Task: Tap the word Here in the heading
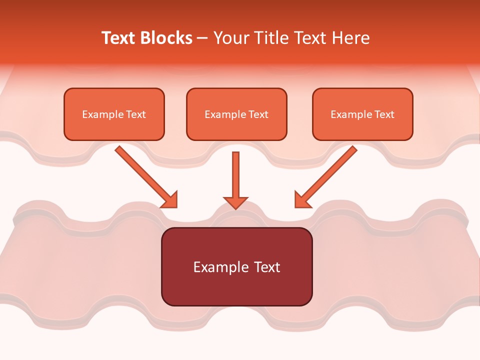pyautogui.click(x=350, y=38)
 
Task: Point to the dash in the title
pyautogui.click(x=203, y=38)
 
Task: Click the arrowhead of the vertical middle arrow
pyautogui.click(x=235, y=202)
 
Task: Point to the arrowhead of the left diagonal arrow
pyautogui.click(x=170, y=200)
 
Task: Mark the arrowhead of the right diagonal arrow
pyautogui.click(x=301, y=200)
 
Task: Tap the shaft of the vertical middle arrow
pyautogui.click(x=235, y=172)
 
